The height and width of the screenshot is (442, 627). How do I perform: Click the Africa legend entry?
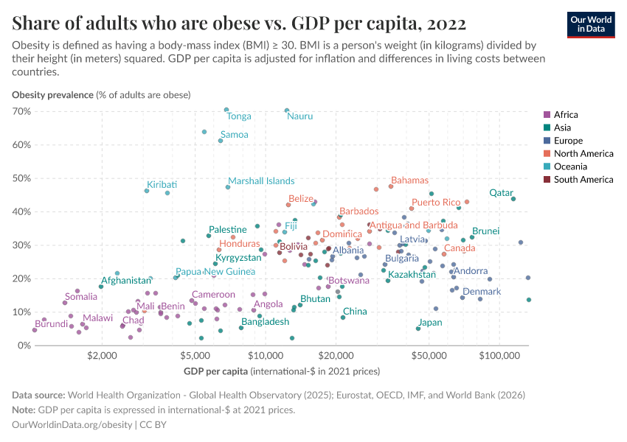566,114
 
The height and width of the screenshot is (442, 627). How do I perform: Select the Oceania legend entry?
571,166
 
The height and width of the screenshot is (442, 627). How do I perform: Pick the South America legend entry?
583,179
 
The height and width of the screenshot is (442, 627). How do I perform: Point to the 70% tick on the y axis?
21,111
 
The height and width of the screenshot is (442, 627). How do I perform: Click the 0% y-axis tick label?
24,345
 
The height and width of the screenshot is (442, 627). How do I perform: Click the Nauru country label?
299,116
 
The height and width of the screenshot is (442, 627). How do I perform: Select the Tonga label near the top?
239,116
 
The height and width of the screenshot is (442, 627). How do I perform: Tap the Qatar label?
501,192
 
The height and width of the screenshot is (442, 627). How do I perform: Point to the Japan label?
430,323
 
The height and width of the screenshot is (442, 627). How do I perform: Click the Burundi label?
51,324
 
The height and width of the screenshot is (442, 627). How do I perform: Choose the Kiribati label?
162,183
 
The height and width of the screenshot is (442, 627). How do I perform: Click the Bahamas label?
409,180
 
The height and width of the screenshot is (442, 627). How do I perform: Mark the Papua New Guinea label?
215,271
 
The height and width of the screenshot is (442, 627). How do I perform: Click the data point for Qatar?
513,199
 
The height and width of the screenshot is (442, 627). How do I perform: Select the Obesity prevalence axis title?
101,94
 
